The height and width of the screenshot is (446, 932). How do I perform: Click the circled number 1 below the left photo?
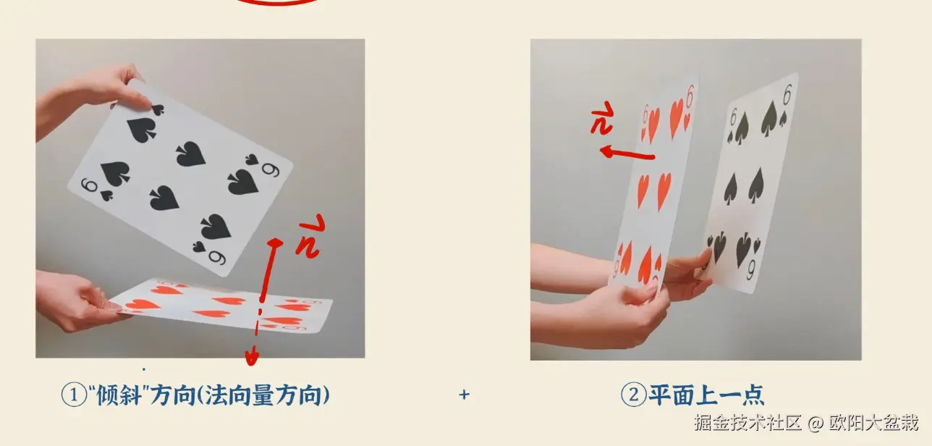(x=74, y=395)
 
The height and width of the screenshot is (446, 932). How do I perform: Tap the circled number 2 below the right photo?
(x=633, y=395)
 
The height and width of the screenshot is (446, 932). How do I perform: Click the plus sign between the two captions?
(x=465, y=395)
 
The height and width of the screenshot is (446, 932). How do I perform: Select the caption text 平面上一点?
(x=706, y=395)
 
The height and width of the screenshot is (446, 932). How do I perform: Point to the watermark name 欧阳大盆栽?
(x=873, y=423)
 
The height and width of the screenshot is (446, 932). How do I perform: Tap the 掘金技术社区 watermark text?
(x=747, y=423)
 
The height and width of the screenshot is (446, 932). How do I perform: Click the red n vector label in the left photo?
(x=310, y=237)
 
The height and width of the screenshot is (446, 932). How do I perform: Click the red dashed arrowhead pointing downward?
(x=251, y=357)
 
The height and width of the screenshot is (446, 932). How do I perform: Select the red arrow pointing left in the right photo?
(x=627, y=153)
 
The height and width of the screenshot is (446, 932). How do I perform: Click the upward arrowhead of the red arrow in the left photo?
(x=276, y=243)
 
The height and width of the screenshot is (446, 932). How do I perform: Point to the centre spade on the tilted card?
(x=191, y=153)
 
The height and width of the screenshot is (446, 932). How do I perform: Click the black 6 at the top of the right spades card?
(x=787, y=95)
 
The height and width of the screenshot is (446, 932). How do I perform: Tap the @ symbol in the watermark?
(x=815, y=424)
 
